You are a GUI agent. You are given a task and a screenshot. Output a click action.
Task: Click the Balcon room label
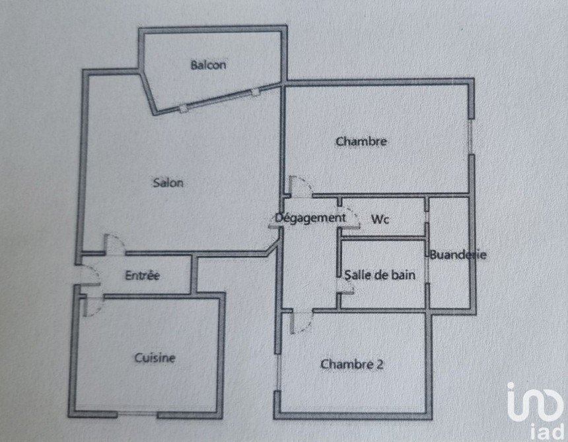tap(208, 65)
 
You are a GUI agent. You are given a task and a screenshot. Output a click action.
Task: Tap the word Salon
tap(168, 182)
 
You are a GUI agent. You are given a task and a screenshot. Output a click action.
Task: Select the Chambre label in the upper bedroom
tap(361, 141)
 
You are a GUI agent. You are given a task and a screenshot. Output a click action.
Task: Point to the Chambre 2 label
tap(352, 364)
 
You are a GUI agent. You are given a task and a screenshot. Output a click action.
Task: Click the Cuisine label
tap(155, 358)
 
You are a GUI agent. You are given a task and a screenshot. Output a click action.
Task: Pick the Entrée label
tap(143, 275)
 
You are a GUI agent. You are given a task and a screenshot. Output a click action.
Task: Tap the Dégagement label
tap(310, 218)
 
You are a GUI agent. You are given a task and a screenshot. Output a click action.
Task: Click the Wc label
tap(380, 219)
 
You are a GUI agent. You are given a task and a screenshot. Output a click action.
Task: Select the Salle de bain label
tap(380, 275)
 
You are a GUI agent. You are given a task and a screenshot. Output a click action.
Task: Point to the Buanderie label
tap(458, 255)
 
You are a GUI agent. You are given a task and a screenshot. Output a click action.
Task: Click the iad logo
tap(537, 410)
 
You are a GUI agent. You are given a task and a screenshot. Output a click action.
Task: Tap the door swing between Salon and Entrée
tap(114, 244)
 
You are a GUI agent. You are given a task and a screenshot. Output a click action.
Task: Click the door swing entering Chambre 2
tap(301, 322)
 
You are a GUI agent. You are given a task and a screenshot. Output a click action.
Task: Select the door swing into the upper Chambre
tap(300, 186)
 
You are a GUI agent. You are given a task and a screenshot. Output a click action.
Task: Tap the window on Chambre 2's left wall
tap(278, 372)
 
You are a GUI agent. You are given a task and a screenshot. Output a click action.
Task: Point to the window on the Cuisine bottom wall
tap(137, 414)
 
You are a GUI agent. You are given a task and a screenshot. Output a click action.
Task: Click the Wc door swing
tap(350, 218)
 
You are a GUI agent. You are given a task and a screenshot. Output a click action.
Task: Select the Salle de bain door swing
tap(345, 286)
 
